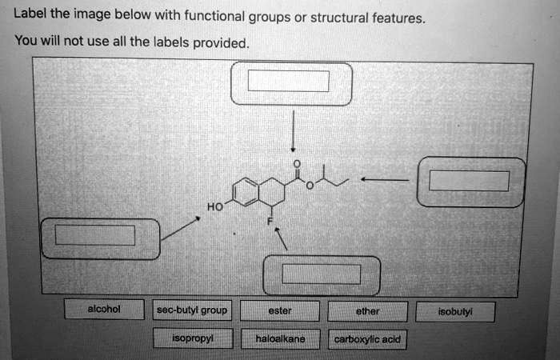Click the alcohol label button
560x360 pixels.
click(x=104, y=310)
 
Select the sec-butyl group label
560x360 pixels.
click(x=192, y=310)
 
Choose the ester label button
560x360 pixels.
click(x=280, y=310)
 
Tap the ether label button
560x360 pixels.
click(x=367, y=311)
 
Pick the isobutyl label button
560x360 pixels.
click(x=455, y=312)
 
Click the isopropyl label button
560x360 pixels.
click(x=192, y=338)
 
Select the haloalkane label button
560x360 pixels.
click(x=280, y=339)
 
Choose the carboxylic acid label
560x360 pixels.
click(x=367, y=339)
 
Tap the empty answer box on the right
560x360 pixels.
click(x=469, y=181)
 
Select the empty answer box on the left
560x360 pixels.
click(x=94, y=235)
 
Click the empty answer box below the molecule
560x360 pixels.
click(x=322, y=274)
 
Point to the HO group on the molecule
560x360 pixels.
click(x=214, y=207)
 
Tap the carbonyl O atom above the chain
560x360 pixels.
click(x=296, y=163)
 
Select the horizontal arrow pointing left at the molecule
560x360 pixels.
click(x=386, y=181)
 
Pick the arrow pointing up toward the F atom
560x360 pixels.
click(x=281, y=238)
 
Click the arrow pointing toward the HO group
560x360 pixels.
click(x=181, y=227)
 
